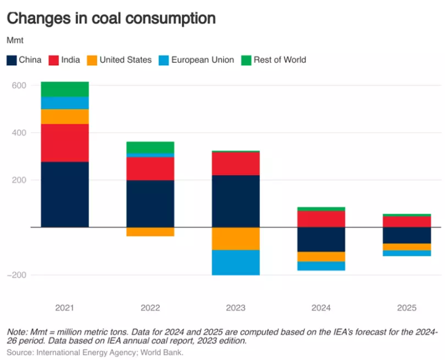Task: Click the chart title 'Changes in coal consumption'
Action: [111, 18]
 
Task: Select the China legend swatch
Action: [12, 60]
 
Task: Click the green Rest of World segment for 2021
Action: [65, 89]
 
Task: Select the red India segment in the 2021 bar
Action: [65, 143]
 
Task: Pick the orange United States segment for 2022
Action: [149, 232]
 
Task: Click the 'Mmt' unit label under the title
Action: [15, 41]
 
